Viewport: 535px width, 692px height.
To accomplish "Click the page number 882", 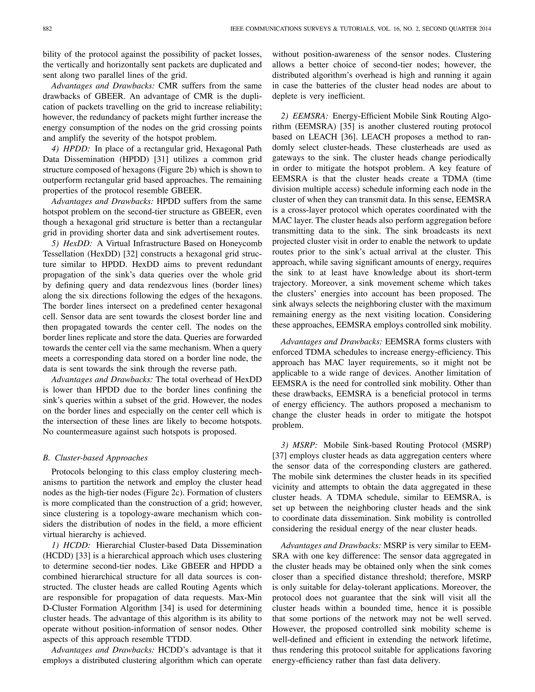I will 47,29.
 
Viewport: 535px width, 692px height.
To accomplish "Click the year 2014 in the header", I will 484,29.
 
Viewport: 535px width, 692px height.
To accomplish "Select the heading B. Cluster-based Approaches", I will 95,458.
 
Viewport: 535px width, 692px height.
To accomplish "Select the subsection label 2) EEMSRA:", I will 301,116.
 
